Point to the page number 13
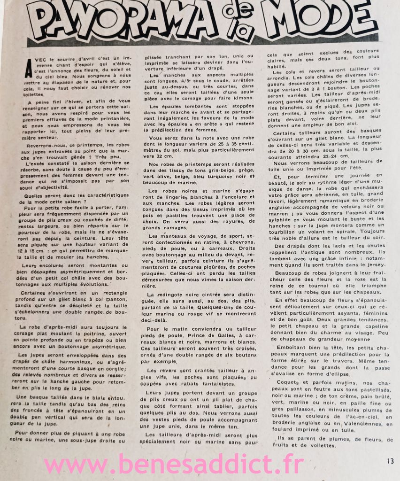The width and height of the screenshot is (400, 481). tap(390, 461)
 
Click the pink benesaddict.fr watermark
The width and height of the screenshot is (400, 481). tap(174, 465)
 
